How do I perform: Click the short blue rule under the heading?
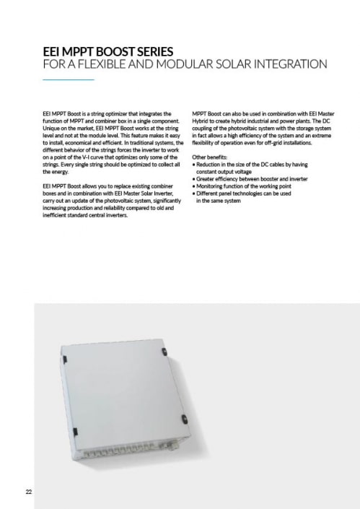click(x=69, y=79)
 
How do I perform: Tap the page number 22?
click(x=28, y=492)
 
